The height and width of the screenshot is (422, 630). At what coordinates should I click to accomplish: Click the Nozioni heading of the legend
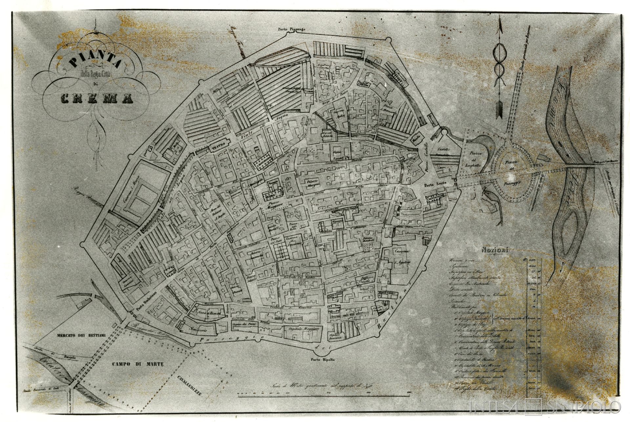click(x=495, y=250)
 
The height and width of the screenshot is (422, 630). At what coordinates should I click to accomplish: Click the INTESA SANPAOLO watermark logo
click(x=545, y=406)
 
